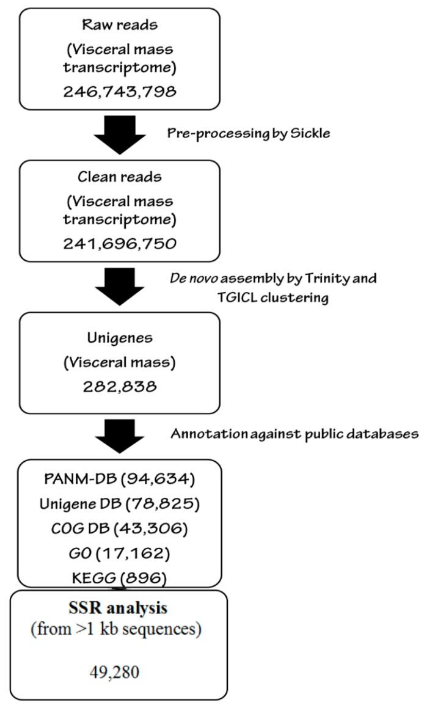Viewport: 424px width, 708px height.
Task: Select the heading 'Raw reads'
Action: pos(120,26)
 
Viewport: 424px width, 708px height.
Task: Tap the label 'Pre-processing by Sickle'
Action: pos(249,133)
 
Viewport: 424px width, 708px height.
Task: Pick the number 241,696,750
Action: pos(119,244)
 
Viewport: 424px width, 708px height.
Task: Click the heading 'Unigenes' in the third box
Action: pos(120,337)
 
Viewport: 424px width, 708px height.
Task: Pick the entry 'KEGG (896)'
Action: pos(120,577)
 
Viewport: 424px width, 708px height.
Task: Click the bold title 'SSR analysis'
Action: pos(120,609)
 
